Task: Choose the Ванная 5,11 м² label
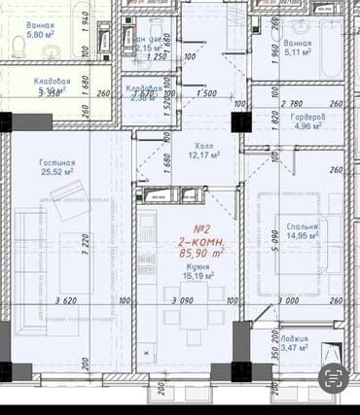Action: [x=298, y=50]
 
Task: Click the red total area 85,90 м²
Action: [x=200, y=252]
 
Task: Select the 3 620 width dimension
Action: [x=68, y=302]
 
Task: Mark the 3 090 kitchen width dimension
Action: [x=183, y=302]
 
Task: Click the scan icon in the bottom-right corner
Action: [x=334, y=376]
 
